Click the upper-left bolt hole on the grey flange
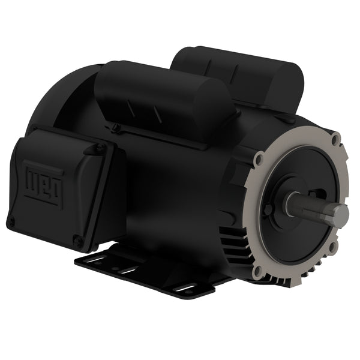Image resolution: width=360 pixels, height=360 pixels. (258, 160)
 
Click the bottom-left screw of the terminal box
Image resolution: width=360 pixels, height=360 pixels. (10, 223)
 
